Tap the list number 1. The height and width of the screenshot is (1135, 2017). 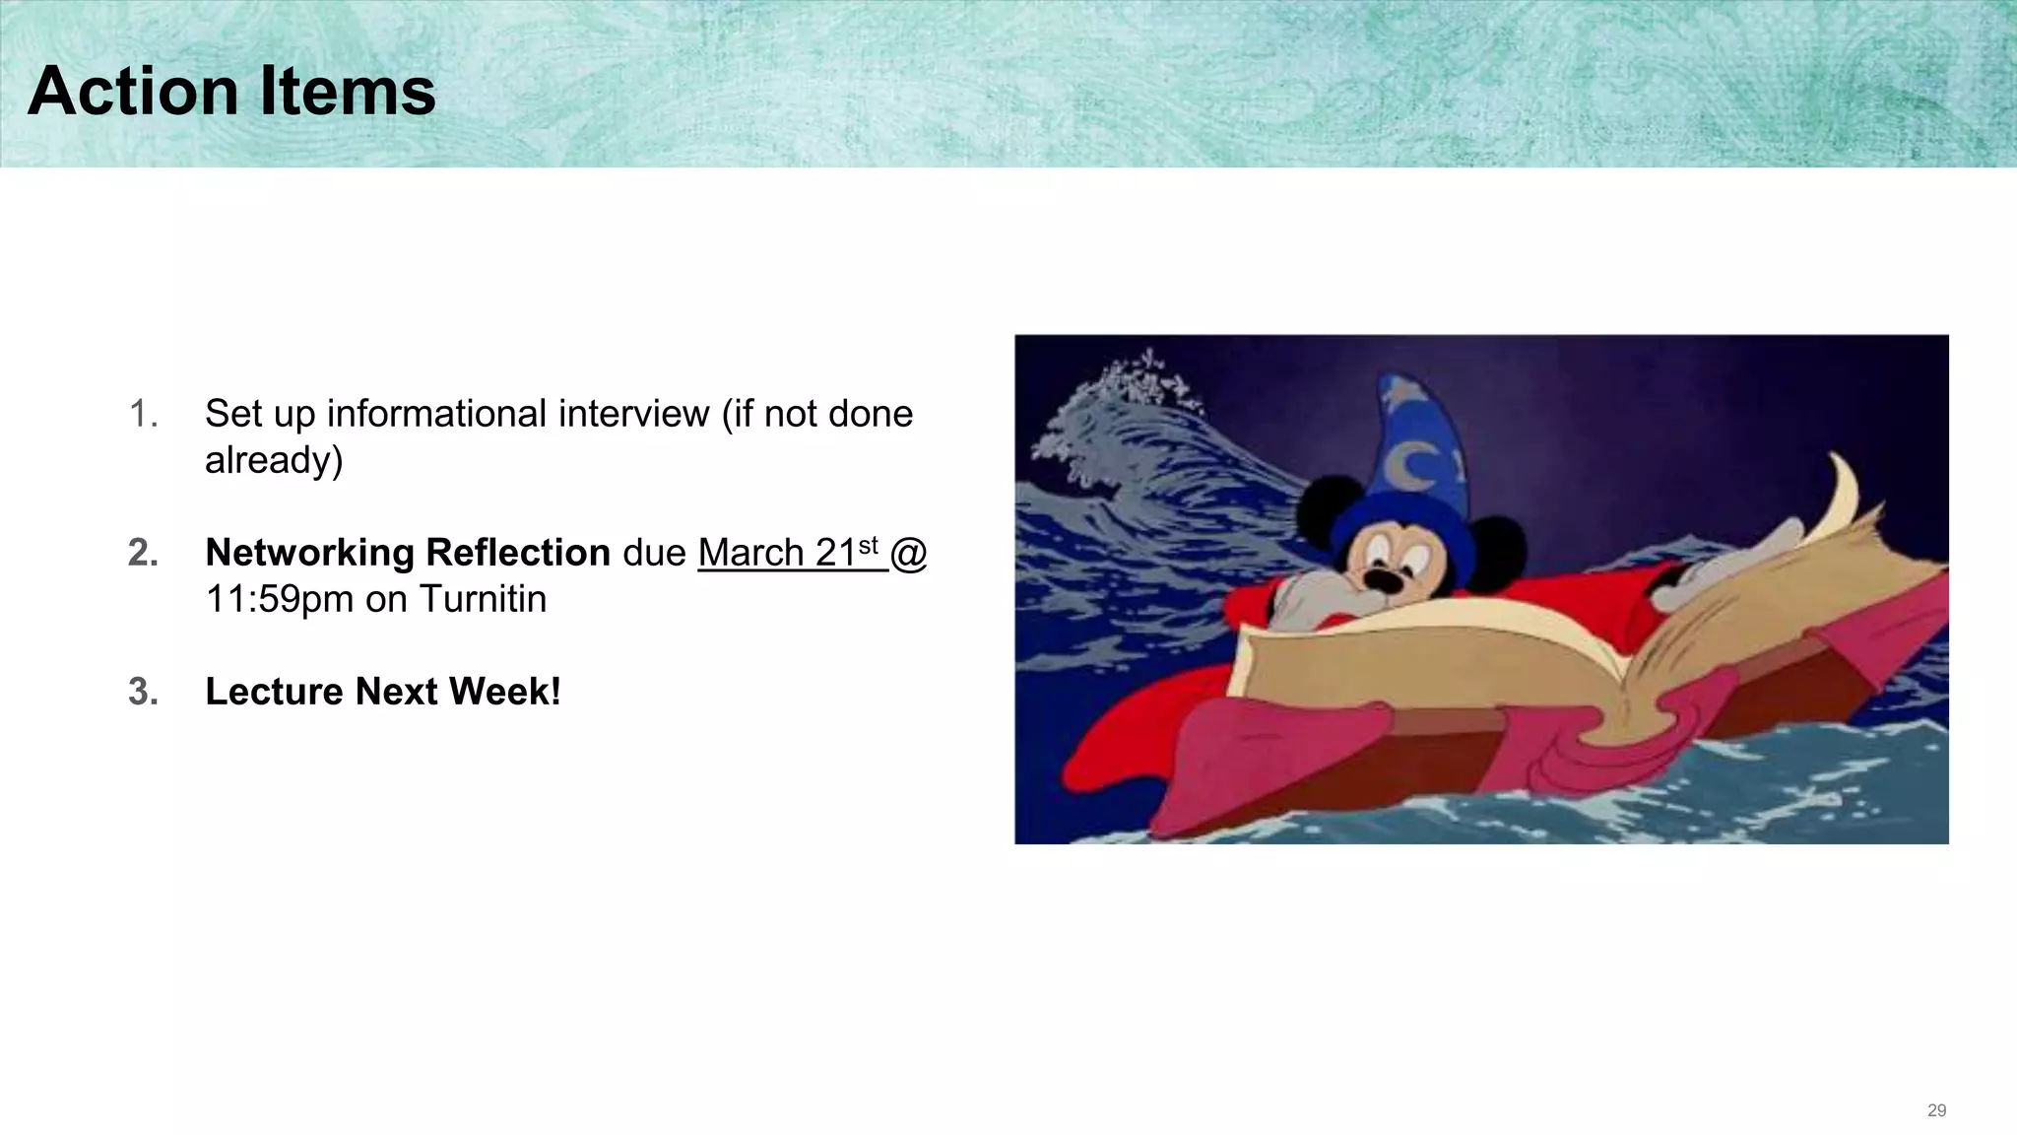[x=143, y=414]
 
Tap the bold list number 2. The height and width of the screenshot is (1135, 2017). [x=143, y=553]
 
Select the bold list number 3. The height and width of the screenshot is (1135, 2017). [x=143, y=692]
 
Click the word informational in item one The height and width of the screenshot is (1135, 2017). [x=517, y=414]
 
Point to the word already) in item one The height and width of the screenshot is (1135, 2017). [x=274, y=461]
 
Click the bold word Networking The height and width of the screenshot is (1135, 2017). [x=308, y=553]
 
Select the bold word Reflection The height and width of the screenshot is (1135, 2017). [x=518, y=553]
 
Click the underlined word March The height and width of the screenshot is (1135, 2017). [x=750, y=553]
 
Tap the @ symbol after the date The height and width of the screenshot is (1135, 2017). [x=908, y=553]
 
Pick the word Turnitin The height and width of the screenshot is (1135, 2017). [x=483, y=599]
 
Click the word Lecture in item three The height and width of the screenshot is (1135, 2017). [x=275, y=692]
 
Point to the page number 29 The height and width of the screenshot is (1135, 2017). [x=1936, y=1110]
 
